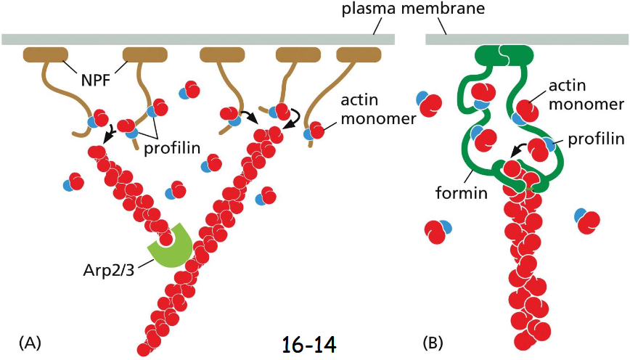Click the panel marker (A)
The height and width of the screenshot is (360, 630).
31,340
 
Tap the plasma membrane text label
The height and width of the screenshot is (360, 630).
406,9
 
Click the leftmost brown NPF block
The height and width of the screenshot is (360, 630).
46,54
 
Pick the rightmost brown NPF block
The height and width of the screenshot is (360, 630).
359,54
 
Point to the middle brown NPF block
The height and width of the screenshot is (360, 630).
221,54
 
